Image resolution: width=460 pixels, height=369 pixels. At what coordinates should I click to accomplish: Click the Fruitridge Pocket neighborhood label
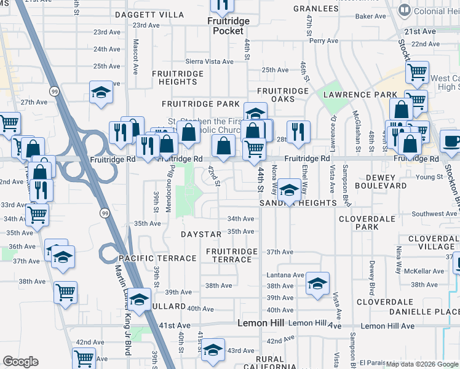pyautogui.click(x=228, y=25)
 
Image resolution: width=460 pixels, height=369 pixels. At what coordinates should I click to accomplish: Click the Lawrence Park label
pyautogui.click(x=360, y=95)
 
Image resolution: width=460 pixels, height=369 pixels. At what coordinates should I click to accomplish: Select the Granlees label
pyautogui.click(x=316, y=9)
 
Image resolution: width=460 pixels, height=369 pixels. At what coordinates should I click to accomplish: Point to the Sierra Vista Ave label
pyautogui.click(x=210, y=61)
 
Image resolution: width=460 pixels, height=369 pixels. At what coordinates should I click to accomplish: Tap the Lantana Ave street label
pyautogui.click(x=285, y=275)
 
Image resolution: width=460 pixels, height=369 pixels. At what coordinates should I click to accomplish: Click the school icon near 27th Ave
pyautogui.click(x=101, y=92)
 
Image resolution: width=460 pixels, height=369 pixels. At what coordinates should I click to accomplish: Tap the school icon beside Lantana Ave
pyautogui.click(x=317, y=283)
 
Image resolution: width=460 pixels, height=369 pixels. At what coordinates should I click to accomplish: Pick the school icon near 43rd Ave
pyautogui.click(x=213, y=349)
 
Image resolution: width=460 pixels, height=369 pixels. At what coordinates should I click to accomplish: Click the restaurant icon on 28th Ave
pyautogui.click(x=298, y=131)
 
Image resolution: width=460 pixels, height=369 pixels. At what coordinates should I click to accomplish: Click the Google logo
pyautogui.click(x=20, y=362)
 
